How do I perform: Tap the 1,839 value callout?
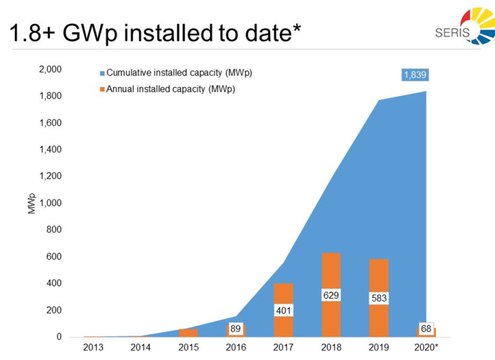pos(415,75)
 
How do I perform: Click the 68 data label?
pos(426,328)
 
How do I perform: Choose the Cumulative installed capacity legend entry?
pos(174,73)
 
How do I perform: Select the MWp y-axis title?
pos(30,204)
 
